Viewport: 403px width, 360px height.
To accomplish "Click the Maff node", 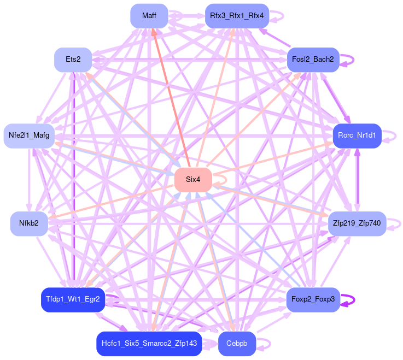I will pos(149,16).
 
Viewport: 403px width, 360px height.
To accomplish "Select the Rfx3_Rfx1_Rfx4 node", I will pos(237,16).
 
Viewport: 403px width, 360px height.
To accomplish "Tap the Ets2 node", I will pos(73,60).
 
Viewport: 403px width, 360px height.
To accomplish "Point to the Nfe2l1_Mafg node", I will pos(29,135).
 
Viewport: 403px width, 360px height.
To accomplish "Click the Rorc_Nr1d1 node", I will pos(357,135).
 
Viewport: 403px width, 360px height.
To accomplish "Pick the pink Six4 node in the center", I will pos(193,180).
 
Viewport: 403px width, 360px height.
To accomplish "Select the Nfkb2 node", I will pos(29,223).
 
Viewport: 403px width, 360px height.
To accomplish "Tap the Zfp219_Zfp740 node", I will pos(357,223).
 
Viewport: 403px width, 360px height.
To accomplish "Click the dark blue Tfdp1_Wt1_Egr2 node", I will pos(73,299).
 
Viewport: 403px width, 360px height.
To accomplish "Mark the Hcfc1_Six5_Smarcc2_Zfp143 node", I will pos(149,344).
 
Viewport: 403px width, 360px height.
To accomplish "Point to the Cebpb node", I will pos(237,344).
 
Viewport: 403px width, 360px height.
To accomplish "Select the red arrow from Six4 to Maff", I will pos(171,98).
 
